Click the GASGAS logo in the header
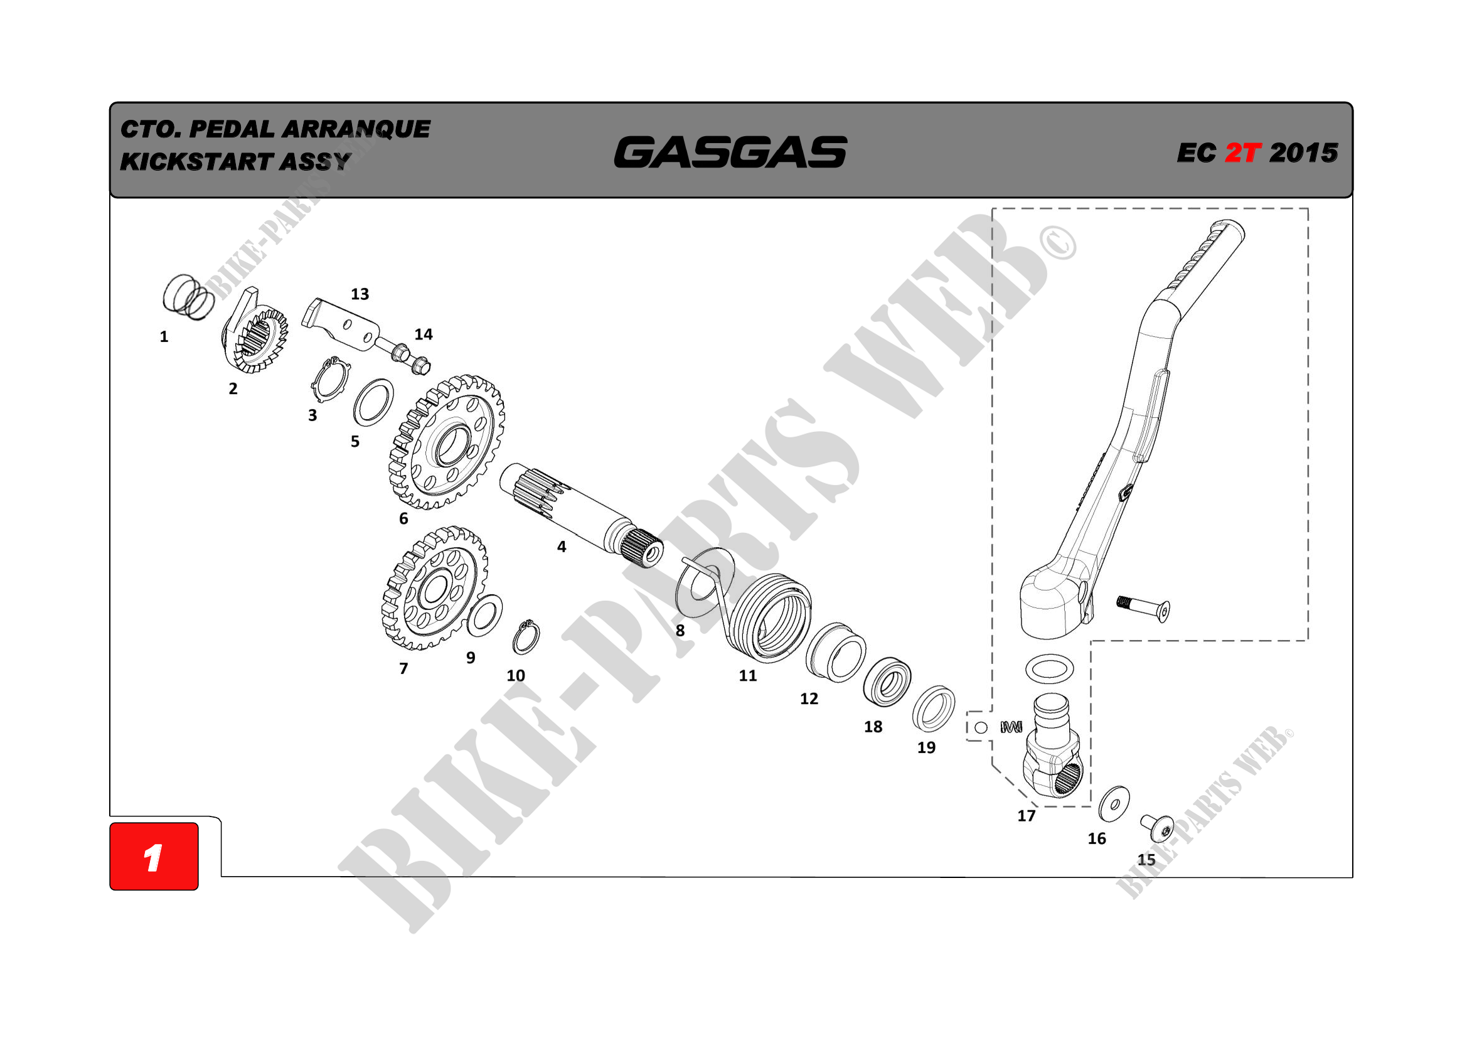[x=730, y=152]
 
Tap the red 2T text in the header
[x=1242, y=152]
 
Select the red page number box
[x=154, y=856]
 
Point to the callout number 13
[x=360, y=294]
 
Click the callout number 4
[x=561, y=547]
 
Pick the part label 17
[x=1026, y=816]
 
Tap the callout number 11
[x=747, y=676]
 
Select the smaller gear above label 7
[x=434, y=588]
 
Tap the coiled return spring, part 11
[x=770, y=617]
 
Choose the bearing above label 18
[x=887, y=682]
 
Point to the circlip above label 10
[x=526, y=637]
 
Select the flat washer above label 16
[x=1114, y=804]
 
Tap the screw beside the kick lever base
[x=1144, y=607]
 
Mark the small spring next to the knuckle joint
[x=1011, y=727]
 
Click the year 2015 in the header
[x=1303, y=152]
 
